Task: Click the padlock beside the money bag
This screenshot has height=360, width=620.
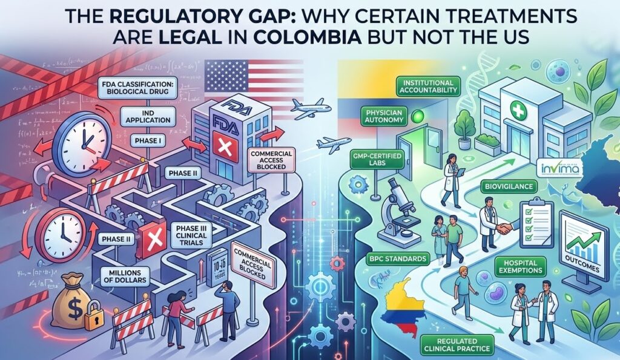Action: [x=94, y=321]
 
